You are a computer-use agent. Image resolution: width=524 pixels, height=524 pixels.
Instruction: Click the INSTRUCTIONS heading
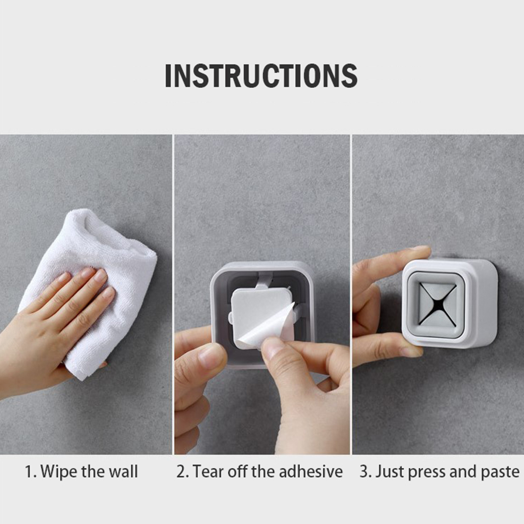261,76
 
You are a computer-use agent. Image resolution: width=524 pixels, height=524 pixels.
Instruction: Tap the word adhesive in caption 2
310,471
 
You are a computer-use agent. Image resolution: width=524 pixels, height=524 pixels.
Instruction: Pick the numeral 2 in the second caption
181,472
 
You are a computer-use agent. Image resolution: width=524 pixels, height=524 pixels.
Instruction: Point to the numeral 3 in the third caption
364,472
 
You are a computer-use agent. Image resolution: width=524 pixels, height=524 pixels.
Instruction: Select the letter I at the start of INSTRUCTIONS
168,76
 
